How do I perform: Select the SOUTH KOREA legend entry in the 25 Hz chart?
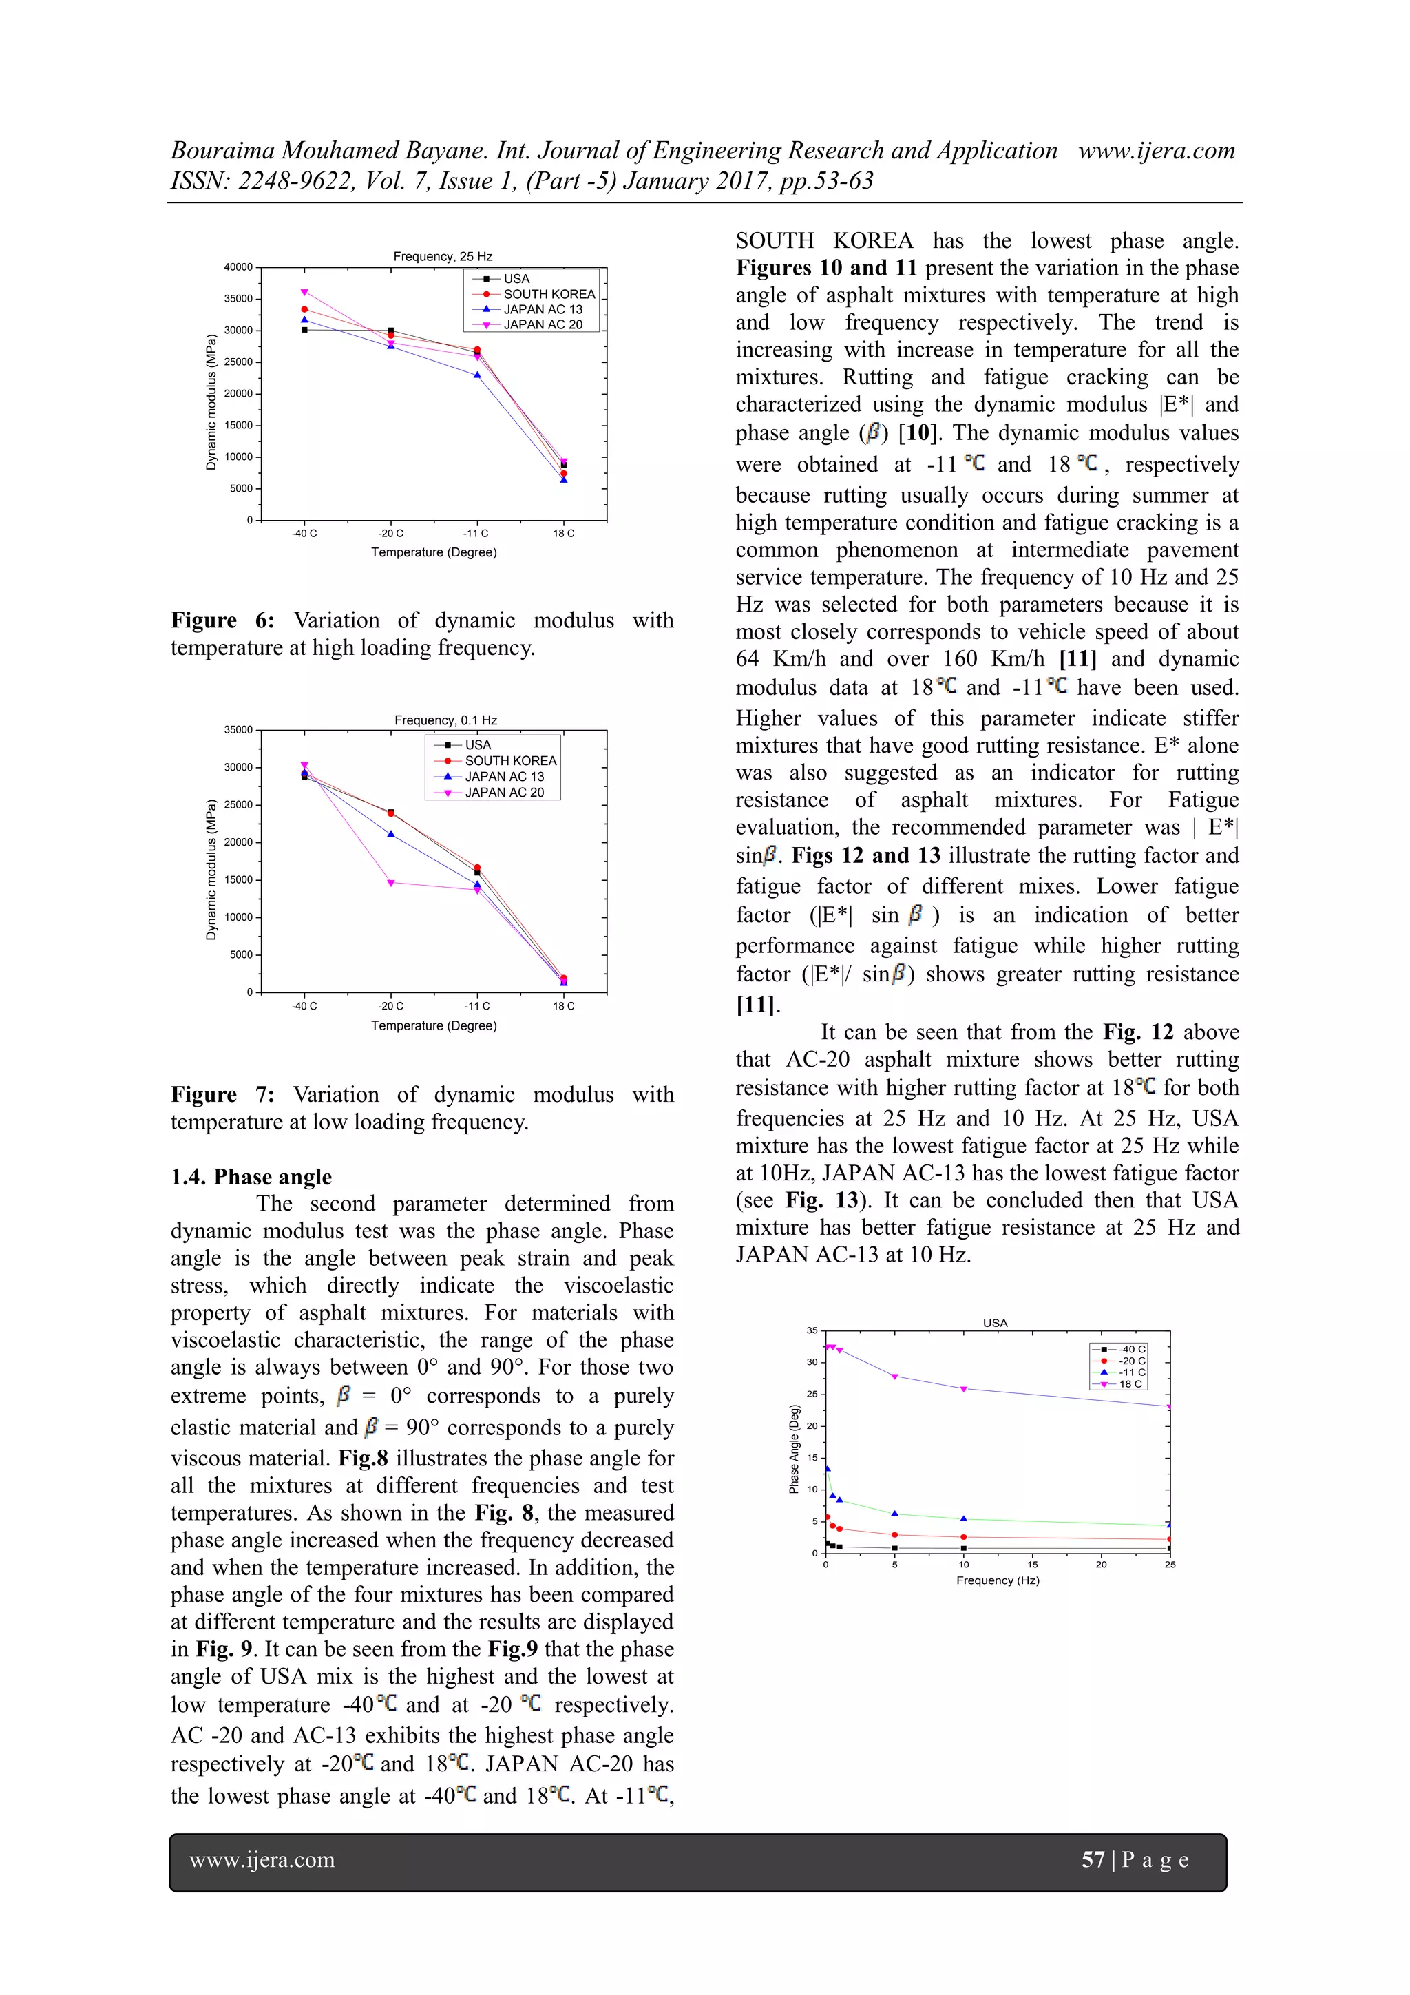point(548,293)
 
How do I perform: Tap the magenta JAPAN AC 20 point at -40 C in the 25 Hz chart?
point(304,293)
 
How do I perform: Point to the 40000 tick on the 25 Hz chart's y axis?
point(238,267)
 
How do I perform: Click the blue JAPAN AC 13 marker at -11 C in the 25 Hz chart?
point(477,375)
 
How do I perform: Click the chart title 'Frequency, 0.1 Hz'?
point(445,720)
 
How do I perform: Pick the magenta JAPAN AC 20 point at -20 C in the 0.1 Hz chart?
point(391,883)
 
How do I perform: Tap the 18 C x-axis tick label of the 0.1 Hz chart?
point(564,1006)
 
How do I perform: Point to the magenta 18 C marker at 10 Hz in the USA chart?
point(963,1390)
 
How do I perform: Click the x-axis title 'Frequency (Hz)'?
point(998,1580)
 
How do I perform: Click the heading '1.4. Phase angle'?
point(251,1176)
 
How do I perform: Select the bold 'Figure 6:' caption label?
point(222,620)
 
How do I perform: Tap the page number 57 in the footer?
point(1092,1859)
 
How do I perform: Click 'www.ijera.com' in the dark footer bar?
point(262,1859)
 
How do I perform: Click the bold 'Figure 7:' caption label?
point(222,1094)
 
